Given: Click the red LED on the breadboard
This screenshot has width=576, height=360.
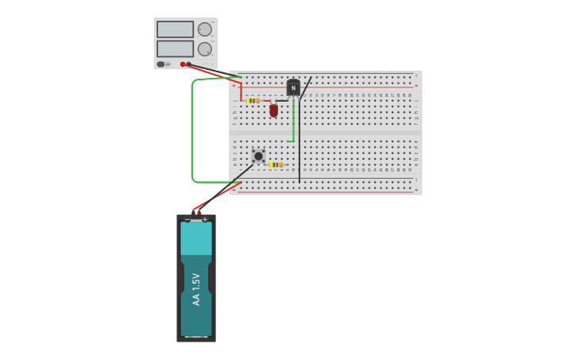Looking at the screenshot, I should point(273,110).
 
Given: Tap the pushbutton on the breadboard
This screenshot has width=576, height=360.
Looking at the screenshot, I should point(258,156).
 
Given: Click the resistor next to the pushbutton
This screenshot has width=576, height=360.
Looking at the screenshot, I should point(276,165).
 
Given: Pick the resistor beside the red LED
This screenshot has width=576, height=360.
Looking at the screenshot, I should point(253,101).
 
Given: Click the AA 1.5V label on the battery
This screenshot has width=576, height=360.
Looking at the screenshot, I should point(196,289).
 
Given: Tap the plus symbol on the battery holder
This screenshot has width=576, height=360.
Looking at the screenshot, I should point(205,219).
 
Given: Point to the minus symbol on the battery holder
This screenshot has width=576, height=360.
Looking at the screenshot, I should point(187,219).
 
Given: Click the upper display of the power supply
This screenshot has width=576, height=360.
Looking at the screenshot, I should point(175,29).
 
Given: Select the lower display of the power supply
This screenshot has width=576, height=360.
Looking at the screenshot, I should point(175,48).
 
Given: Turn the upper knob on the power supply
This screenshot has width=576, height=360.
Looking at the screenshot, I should point(204,29).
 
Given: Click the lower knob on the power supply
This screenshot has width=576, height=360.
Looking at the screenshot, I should point(204,48).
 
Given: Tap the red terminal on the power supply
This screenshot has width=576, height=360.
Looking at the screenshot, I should point(183,64).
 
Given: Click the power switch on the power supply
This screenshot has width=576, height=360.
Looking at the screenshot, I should point(161,64).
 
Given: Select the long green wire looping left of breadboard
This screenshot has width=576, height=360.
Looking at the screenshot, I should point(191,131).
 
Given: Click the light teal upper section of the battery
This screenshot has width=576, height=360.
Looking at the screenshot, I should point(196,238).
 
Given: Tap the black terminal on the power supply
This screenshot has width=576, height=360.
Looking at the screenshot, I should point(189,64).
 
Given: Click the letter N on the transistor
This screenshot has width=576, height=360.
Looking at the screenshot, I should point(293,88).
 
